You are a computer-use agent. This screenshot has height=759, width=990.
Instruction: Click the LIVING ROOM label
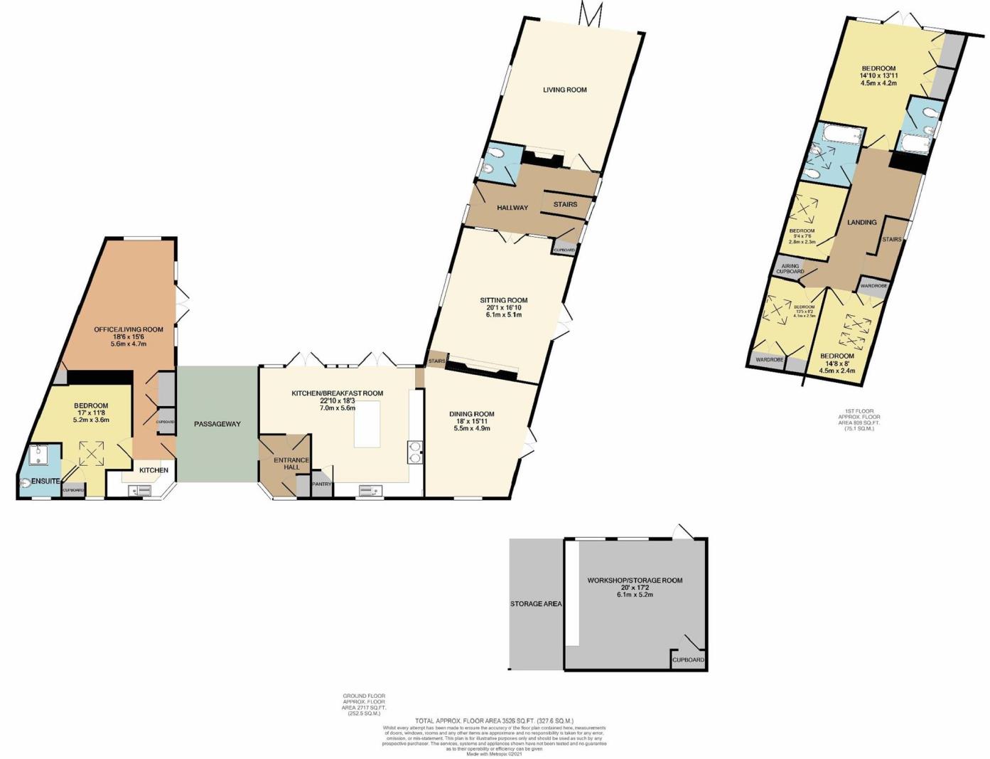point(565,90)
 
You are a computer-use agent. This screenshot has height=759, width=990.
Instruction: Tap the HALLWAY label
point(512,208)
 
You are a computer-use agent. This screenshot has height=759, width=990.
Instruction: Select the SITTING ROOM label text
point(503,300)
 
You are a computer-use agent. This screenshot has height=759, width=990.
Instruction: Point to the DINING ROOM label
point(471,414)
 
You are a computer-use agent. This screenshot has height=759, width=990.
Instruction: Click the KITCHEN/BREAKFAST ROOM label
point(337,393)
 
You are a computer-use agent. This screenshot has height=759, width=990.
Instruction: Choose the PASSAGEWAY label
point(217,424)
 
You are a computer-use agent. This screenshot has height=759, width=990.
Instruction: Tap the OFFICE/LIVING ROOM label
point(129,329)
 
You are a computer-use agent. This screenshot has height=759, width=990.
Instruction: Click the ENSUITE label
point(45,482)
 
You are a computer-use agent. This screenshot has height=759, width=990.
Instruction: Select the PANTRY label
point(322,484)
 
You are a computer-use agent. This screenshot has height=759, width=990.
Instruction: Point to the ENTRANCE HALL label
point(291,464)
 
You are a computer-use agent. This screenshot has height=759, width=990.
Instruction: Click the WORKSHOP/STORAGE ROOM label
point(635,580)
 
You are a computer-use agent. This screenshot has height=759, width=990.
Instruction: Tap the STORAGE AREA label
point(536,604)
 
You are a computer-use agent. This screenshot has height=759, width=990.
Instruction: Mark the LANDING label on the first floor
point(861,222)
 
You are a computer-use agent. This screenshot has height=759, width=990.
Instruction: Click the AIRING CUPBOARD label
point(790,268)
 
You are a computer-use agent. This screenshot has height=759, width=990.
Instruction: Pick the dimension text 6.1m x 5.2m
point(635,595)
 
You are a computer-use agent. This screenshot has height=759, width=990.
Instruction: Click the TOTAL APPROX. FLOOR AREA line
point(494,721)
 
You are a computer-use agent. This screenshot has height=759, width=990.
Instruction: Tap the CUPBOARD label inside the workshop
point(688,660)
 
